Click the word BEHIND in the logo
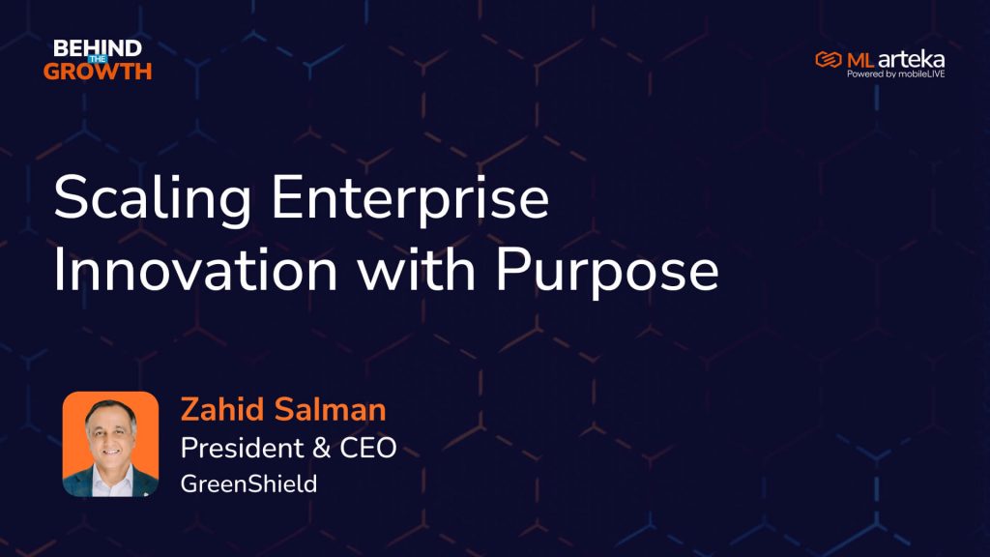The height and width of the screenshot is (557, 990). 98,47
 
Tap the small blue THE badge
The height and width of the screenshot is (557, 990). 98,59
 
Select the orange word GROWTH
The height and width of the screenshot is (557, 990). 98,72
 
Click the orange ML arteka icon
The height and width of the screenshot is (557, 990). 829,59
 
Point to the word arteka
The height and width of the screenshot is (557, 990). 911,59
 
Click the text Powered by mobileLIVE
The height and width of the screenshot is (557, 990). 896,73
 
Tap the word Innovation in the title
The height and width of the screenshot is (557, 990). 195,271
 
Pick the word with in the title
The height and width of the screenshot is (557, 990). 417,270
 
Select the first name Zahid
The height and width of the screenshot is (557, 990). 222,409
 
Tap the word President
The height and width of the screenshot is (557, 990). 243,448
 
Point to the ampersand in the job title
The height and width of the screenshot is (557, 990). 321,448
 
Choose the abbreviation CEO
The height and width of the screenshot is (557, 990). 368,448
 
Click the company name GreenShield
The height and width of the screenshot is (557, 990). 248,484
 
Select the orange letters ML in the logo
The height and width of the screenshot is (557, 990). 860,60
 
